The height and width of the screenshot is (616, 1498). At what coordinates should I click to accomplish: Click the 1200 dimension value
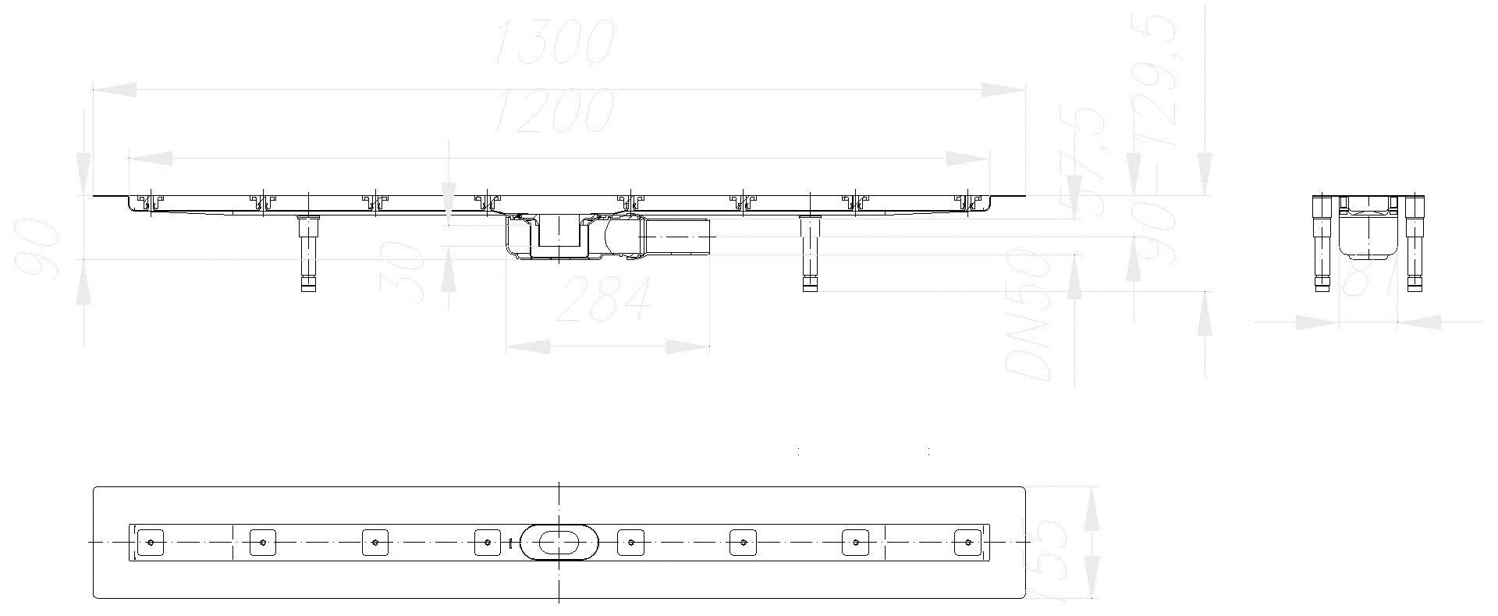click(555, 112)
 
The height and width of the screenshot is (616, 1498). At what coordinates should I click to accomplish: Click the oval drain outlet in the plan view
click(559, 541)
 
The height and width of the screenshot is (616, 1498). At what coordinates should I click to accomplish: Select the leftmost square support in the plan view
click(151, 542)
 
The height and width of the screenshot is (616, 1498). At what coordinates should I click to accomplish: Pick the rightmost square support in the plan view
click(967, 542)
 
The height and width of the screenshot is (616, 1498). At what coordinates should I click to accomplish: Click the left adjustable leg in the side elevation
click(309, 253)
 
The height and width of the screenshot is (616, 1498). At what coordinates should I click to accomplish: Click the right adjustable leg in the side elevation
click(811, 253)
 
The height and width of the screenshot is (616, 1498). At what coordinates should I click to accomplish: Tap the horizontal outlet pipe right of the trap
click(677, 236)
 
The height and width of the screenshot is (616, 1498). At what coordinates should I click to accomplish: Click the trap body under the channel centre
click(556, 237)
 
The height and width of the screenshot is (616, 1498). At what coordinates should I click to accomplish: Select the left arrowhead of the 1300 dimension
click(114, 91)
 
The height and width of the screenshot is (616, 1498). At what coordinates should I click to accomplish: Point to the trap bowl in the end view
click(1368, 234)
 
